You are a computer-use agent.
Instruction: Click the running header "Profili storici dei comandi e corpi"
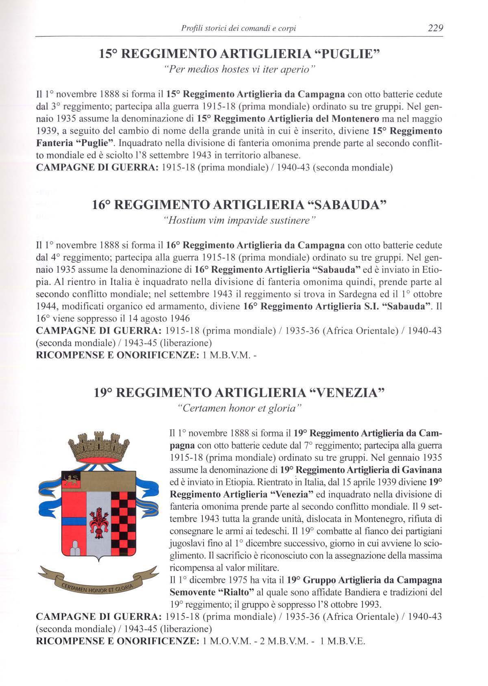pos(239,28)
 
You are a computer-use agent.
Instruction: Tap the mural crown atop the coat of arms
pos(97,448)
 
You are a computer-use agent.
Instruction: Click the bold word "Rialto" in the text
pos(236,592)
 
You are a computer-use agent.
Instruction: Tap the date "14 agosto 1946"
pos(158,318)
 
